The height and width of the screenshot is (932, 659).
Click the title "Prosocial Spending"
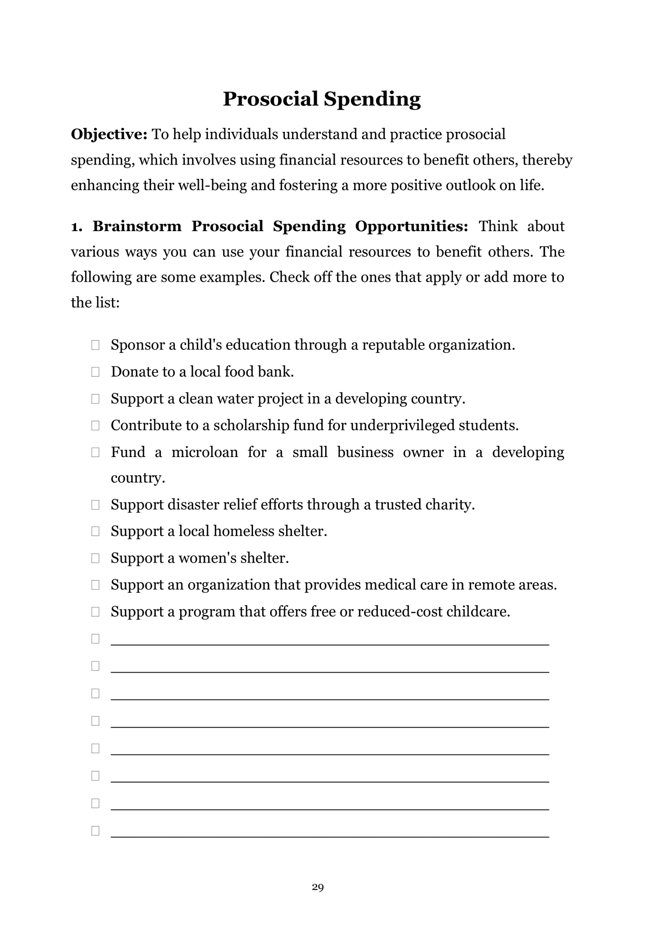point(322,99)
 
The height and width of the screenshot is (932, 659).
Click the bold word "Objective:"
point(109,134)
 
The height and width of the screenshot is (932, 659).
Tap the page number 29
point(318,887)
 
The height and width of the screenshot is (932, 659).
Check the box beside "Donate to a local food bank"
point(95,372)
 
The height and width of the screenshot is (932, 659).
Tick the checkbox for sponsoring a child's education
point(95,345)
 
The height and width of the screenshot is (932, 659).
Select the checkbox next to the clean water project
point(95,399)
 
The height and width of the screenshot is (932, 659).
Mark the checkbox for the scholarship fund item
point(95,426)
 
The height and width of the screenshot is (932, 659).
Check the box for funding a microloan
point(95,453)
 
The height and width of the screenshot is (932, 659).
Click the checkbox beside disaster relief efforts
point(95,505)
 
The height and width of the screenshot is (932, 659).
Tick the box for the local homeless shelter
point(95,532)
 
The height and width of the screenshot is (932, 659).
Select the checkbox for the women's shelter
point(95,558)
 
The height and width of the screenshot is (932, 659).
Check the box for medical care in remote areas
point(95,585)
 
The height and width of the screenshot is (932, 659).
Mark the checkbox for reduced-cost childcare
point(95,612)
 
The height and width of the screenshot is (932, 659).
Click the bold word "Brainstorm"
point(137,226)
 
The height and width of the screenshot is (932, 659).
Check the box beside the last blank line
point(95,831)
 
